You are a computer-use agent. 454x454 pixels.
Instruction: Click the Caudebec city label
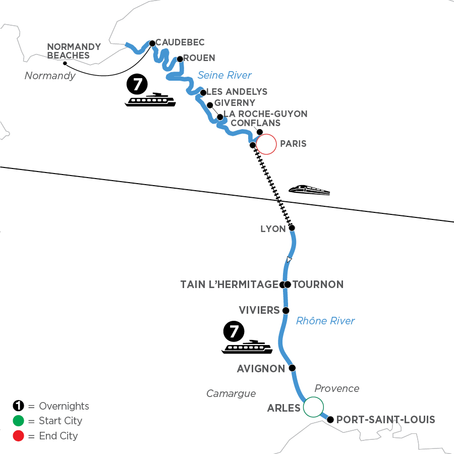pyautogui.click(x=181, y=42)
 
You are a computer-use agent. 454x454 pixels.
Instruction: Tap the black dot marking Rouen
pyautogui.click(x=180, y=59)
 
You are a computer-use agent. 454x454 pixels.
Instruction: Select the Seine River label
pyautogui.click(x=224, y=75)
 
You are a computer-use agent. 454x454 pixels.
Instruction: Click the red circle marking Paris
pyautogui.click(x=266, y=144)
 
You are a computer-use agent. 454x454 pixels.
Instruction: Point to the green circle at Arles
pyautogui.click(x=313, y=407)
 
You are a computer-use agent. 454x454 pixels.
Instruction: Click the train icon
pyautogui.click(x=309, y=190)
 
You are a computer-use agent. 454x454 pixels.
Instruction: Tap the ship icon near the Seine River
pyautogui.click(x=150, y=99)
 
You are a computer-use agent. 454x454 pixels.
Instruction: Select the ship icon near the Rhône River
pyautogui.click(x=247, y=347)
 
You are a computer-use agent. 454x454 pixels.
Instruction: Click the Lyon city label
pyautogui.click(x=272, y=229)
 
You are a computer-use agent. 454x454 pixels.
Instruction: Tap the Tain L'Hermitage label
pyautogui.click(x=229, y=285)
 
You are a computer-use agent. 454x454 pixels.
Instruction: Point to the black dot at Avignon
pyautogui.click(x=292, y=368)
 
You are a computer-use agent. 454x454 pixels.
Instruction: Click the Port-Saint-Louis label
pyautogui.click(x=385, y=419)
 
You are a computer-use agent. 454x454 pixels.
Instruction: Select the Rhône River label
pyautogui.click(x=325, y=320)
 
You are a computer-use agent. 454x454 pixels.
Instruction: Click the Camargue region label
pyautogui.click(x=231, y=393)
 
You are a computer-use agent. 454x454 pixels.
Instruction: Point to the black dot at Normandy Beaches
pyautogui.click(x=65, y=64)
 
